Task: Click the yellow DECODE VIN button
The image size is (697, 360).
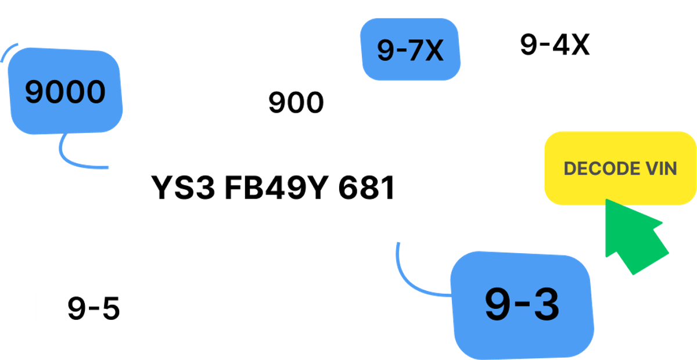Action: click(620, 168)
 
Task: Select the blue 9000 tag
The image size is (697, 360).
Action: click(66, 92)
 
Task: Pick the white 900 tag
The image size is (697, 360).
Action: click(296, 103)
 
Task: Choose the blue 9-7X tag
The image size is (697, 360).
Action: click(410, 51)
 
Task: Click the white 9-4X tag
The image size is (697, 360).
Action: click(555, 45)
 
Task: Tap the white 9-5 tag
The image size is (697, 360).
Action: click(94, 308)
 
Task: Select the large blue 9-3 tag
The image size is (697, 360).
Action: click(522, 304)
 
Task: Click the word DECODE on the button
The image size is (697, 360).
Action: click(598, 168)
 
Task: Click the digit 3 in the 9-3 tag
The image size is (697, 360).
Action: click(544, 304)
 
